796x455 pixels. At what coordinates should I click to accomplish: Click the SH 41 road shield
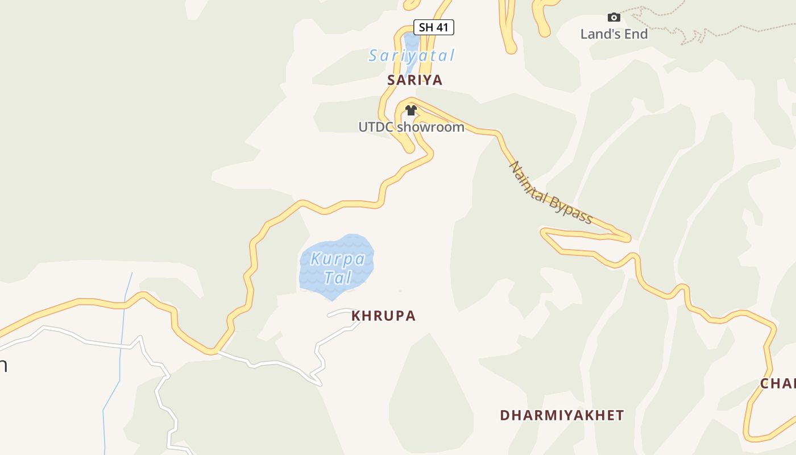433,27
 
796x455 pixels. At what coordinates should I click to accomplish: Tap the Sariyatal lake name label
412,56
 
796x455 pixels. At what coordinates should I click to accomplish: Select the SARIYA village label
415,80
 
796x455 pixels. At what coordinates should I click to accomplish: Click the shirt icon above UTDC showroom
411,110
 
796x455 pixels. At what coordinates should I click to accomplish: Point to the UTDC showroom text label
411,127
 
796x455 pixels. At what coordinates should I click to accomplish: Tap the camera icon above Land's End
613,18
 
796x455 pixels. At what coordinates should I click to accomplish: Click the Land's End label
614,34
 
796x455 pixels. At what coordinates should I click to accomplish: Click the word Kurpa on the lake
338,259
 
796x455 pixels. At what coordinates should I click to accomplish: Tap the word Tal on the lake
338,278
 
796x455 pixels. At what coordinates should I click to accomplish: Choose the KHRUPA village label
384,316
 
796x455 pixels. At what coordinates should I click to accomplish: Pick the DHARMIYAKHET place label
562,416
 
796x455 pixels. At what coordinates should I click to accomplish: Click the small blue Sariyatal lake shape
411,42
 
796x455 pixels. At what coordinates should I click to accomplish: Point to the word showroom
430,127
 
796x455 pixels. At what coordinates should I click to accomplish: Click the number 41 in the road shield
442,27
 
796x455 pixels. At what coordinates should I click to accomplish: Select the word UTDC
376,127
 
